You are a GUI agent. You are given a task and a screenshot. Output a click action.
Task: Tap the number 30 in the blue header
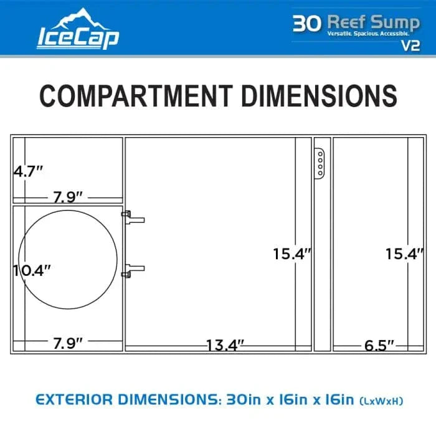(307, 23)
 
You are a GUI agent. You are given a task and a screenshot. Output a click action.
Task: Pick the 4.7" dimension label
(28, 171)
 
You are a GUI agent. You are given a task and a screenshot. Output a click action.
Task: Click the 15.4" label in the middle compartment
(291, 254)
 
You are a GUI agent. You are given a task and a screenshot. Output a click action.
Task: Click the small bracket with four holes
(319, 163)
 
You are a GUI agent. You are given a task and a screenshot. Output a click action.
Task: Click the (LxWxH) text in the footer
(380, 400)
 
